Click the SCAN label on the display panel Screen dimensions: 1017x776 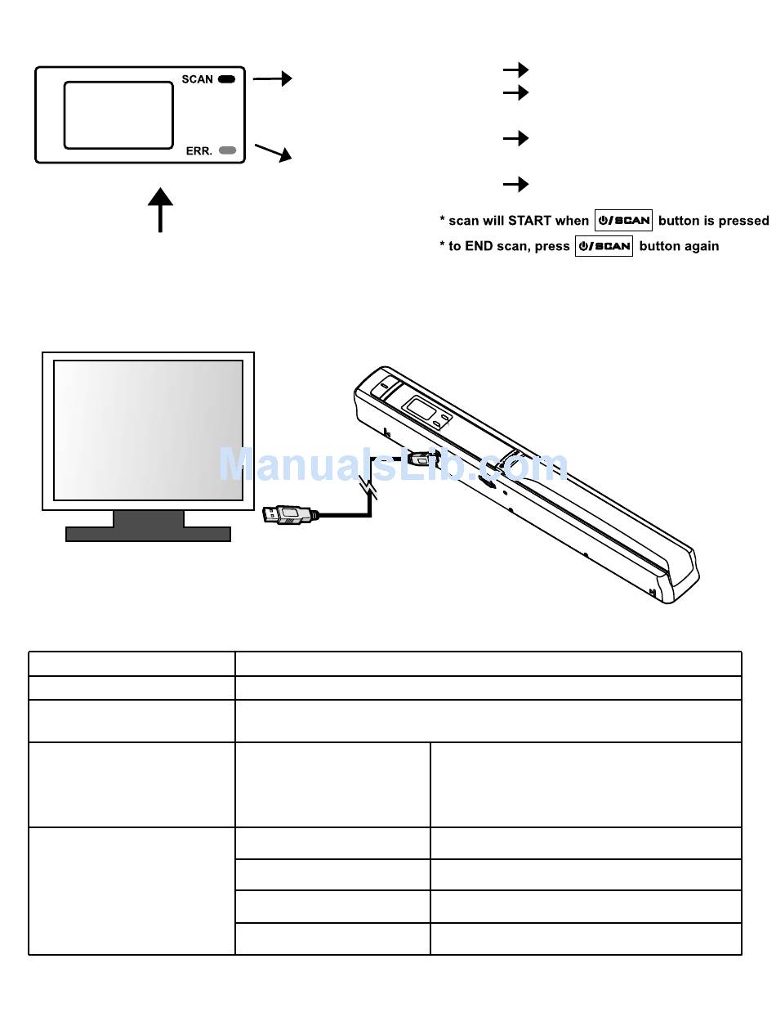[197, 79]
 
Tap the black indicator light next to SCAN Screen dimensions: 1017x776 [227, 79]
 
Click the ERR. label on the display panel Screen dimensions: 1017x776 [198, 150]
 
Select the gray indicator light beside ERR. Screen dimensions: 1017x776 [228, 150]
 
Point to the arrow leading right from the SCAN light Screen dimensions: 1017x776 [273, 78]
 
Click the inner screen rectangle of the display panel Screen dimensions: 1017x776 [118, 115]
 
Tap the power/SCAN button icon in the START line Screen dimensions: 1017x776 [623, 221]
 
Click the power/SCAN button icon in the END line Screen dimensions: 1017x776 [604, 246]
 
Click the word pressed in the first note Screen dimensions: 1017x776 [743, 221]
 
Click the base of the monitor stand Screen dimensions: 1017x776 [148, 534]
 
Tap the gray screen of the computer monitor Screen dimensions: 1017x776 [148, 429]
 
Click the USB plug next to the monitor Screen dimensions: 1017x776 [288, 515]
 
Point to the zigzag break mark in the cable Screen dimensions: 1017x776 [371, 488]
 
